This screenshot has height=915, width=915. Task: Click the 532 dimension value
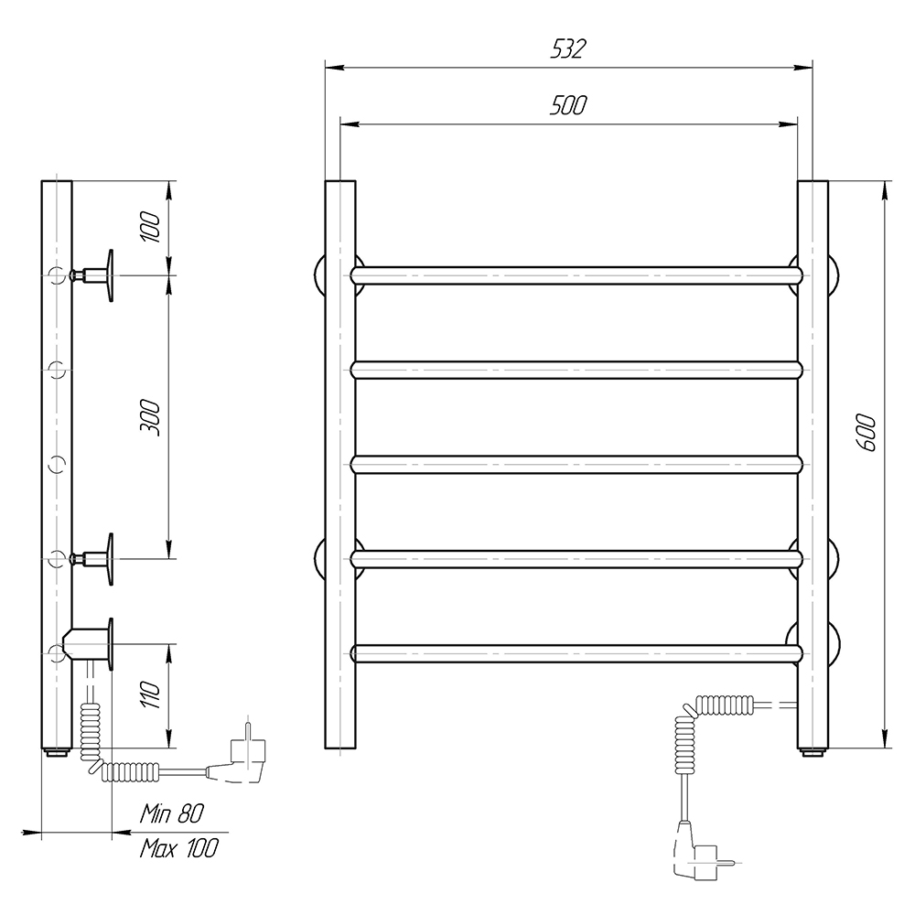click(568, 49)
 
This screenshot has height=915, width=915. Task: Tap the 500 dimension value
click(568, 105)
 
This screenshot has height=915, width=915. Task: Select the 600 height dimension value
click(867, 433)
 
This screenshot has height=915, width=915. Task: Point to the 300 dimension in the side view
click(150, 418)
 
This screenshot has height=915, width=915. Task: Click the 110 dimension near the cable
click(150, 694)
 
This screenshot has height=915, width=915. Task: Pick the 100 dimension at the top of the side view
click(150, 228)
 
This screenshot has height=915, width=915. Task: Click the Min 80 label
click(172, 813)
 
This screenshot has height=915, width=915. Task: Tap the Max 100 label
click(178, 848)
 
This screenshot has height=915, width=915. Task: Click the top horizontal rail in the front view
click(577, 275)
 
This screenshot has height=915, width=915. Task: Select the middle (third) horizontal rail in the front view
click(577, 465)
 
